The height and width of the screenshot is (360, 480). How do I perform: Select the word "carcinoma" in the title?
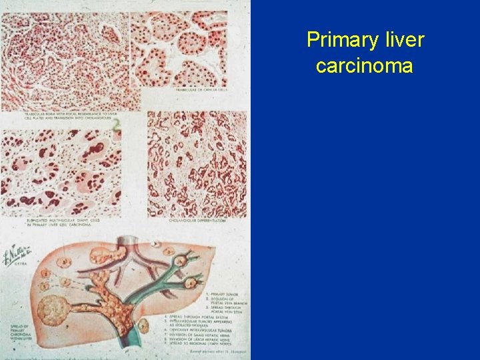point(365,67)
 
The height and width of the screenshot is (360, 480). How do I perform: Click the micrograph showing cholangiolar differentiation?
point(197,163)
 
